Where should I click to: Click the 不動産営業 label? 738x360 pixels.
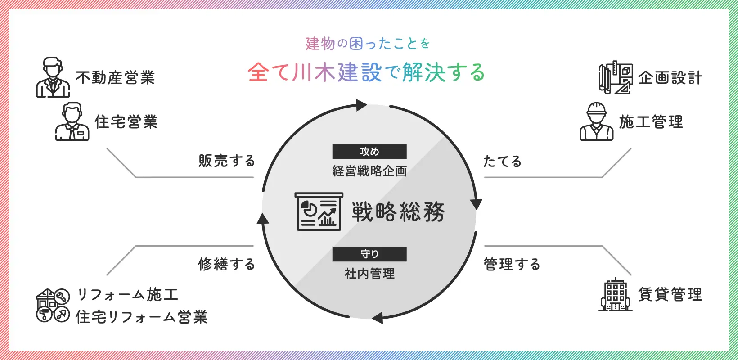115,78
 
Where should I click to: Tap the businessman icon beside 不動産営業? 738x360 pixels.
53,77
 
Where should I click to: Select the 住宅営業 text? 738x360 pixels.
126,122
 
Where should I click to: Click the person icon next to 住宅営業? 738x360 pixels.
72,121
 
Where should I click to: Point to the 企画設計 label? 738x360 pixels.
670,78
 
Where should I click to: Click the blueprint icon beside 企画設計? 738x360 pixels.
616,78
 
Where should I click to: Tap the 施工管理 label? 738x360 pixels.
651,122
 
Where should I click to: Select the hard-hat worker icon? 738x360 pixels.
596,121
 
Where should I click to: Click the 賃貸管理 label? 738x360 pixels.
670,295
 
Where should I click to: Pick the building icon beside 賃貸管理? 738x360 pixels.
616,295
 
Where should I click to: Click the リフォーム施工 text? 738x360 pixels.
128,295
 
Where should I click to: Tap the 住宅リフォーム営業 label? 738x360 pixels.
142,317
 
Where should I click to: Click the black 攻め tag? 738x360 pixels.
369,152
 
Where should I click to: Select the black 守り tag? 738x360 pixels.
369,254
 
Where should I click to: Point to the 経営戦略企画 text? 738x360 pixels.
369,171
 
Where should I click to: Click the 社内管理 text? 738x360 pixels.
369,274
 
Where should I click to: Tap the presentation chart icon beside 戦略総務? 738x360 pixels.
319,211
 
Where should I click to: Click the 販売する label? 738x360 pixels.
227,161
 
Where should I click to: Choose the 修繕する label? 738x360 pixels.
227,264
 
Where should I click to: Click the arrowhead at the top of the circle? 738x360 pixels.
361,105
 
